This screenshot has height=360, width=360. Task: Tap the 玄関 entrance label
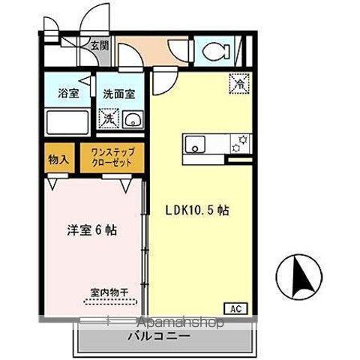click(99, 46)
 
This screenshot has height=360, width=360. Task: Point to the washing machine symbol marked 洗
click(107, 118)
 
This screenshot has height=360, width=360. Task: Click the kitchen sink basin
click(195, 145)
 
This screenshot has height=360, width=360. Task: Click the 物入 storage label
click(59, 160)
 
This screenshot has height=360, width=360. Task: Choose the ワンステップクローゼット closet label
click(111, 159)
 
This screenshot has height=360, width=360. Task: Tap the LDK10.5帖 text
click(198, 211)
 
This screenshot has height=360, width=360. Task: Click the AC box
click(235, 308)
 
